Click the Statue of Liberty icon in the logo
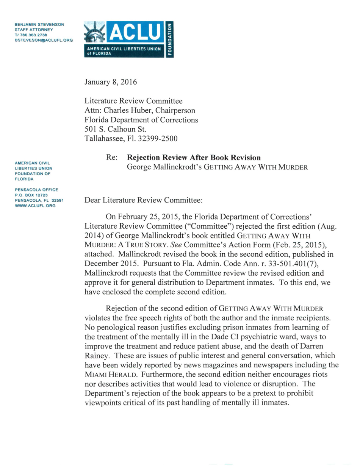94,32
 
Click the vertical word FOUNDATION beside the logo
170,39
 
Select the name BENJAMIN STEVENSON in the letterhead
39,24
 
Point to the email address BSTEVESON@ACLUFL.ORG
44,40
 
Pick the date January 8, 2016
111,82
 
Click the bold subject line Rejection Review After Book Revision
194,158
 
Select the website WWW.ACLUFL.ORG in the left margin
35,206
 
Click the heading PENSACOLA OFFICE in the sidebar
36,190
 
